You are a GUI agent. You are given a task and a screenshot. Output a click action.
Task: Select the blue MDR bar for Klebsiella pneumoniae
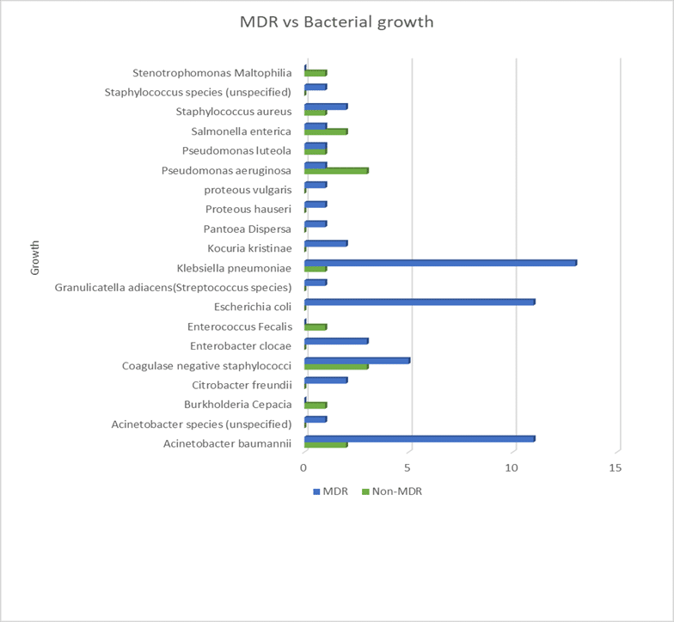click(x=440, y=262)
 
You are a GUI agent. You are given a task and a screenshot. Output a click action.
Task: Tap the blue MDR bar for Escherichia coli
click(x=420, y=302)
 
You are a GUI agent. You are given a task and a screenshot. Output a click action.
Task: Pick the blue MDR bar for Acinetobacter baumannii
click(x=420, y=438)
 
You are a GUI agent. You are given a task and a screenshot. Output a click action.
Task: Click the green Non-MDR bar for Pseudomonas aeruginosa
click(x=336, y=171)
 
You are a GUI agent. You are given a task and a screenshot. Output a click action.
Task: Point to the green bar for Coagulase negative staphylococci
click(x=336, y=366)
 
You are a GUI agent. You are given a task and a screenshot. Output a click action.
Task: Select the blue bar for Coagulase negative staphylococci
click(x=357, y=360)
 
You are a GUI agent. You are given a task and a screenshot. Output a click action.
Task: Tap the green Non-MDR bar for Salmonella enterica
click(x=326, y=131)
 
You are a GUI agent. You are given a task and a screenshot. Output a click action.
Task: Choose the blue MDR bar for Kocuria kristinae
click(x=326, y=243)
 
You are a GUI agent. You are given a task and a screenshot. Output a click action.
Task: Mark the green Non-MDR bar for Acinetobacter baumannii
click(x=326, y=444)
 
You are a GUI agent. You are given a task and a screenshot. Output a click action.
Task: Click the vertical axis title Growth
click(x=35, y=258)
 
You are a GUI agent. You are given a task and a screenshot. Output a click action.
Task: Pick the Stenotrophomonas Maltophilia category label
click(x=212, y=73)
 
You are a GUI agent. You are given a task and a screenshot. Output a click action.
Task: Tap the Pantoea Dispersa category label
click(x=248, y=229)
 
